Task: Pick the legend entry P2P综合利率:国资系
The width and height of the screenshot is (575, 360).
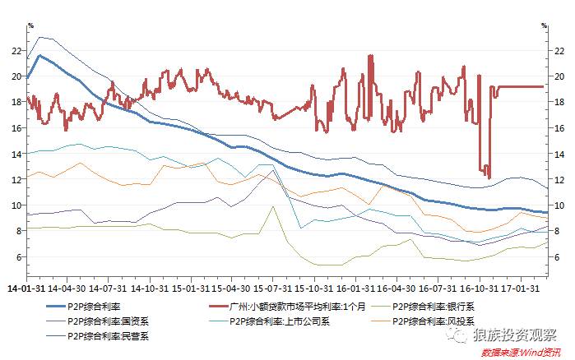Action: (102, 321)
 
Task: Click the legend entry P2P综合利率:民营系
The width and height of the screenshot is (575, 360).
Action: (102, 335)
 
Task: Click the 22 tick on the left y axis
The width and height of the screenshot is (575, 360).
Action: (16, 50)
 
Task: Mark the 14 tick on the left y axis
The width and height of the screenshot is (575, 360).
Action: (16, 154)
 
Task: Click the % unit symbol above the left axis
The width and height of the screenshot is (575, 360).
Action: (30, 25)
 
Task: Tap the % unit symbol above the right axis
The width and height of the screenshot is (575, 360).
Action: (544, 25)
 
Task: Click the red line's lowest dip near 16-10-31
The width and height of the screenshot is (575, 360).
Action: (489, 178)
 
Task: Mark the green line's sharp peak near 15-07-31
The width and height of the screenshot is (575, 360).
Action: (272, 207)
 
